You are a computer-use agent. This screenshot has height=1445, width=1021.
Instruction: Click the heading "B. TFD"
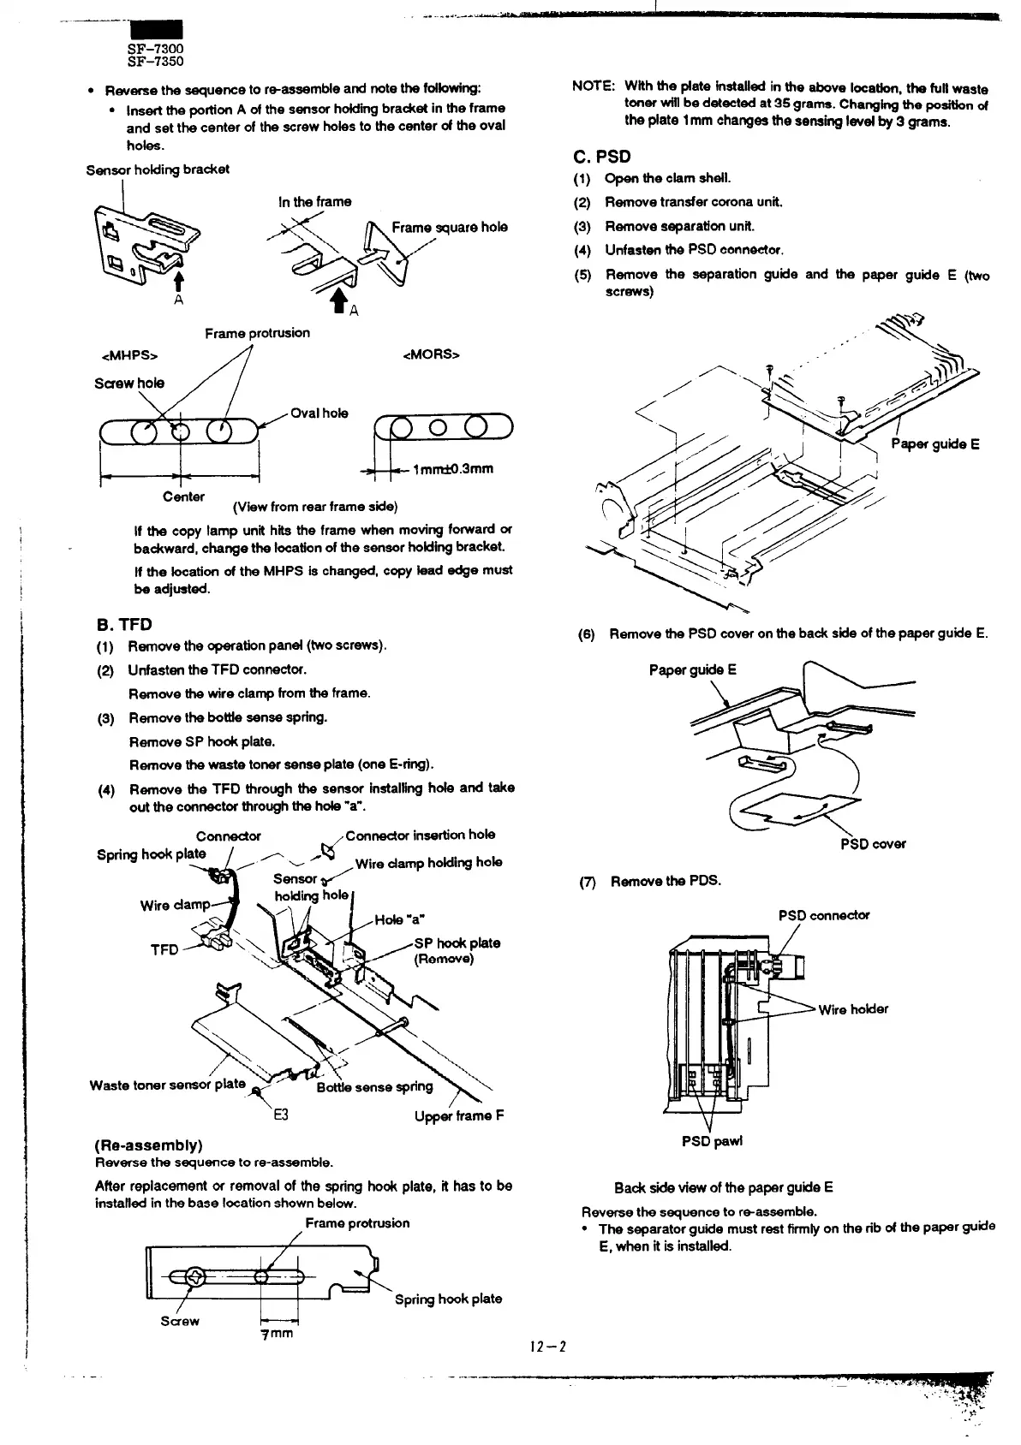click(x=122, y=624)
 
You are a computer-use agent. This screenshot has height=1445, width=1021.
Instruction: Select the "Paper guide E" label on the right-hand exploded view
click(x=935, y=443)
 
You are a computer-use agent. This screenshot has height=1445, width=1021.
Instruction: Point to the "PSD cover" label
click(x=872, y=843)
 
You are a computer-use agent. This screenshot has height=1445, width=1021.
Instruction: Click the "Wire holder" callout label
click(x=853, y=1009)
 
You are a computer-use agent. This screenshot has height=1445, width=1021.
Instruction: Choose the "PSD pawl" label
click(x=712, y=1141)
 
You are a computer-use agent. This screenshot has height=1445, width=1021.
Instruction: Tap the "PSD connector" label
click(x=823, y=915)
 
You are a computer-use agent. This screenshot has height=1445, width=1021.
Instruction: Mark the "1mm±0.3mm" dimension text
click(x=452, y=469)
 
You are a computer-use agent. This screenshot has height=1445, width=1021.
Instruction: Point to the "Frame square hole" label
click(x=449, y=227)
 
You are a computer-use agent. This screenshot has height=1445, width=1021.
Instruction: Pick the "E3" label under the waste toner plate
click(x=280, y=1115)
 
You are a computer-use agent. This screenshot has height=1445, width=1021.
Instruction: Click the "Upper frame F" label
click(x=458, y=1115)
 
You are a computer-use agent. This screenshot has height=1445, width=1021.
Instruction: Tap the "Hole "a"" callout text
click(x=401, y=921)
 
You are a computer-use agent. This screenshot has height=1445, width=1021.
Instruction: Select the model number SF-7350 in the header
click(x=155, y=62)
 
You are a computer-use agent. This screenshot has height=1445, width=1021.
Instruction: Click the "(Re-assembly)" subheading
click(x=147, y=1145)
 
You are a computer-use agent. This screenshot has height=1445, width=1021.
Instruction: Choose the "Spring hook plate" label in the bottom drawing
click(x=448, y=1299)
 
